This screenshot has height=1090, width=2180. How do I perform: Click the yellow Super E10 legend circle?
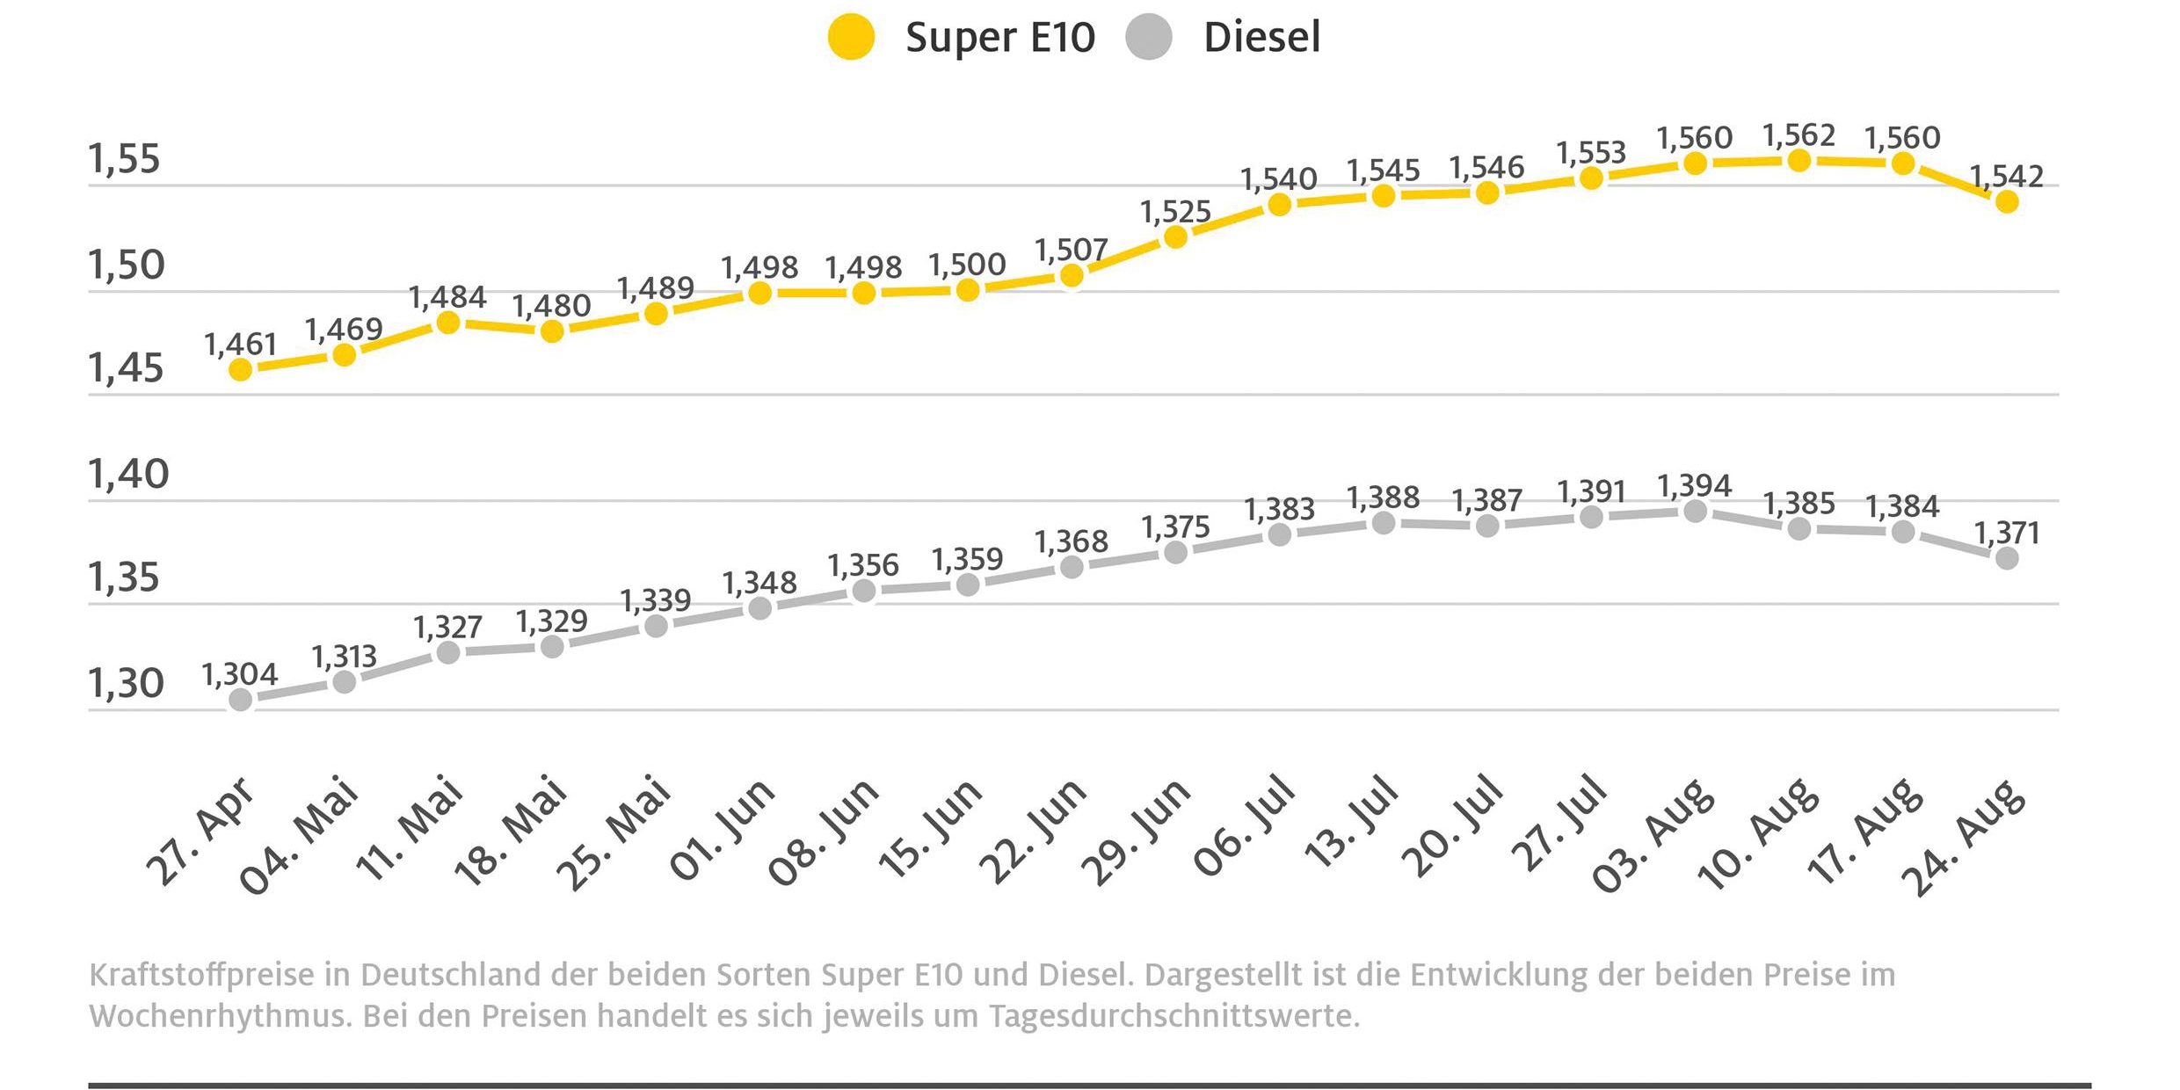(851, 38)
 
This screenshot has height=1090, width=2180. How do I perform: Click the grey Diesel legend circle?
(1148, 38)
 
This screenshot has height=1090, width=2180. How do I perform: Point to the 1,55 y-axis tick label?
(124, 159)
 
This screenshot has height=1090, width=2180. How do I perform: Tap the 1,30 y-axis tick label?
(126, 683)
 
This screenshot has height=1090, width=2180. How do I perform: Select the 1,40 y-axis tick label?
(127, 474)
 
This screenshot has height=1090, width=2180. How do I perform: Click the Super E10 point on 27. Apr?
(240, 370)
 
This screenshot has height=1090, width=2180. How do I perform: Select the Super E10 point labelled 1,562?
(1799, 161)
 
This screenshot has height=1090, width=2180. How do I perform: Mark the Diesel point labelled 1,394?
(1695, 511)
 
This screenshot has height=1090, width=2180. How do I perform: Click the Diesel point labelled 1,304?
(240, 700)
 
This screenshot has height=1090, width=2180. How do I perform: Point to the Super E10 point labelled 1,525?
(1175, 237)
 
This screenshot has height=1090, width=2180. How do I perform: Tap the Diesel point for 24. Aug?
(2007, 558)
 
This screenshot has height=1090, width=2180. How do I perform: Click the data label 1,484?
(447, 297)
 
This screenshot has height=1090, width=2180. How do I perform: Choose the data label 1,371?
(2007, 533)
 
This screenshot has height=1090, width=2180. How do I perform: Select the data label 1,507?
(1071, 251)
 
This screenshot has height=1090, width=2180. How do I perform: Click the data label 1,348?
(759, 582)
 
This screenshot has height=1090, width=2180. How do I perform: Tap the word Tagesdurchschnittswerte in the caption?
(1174, 1016)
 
